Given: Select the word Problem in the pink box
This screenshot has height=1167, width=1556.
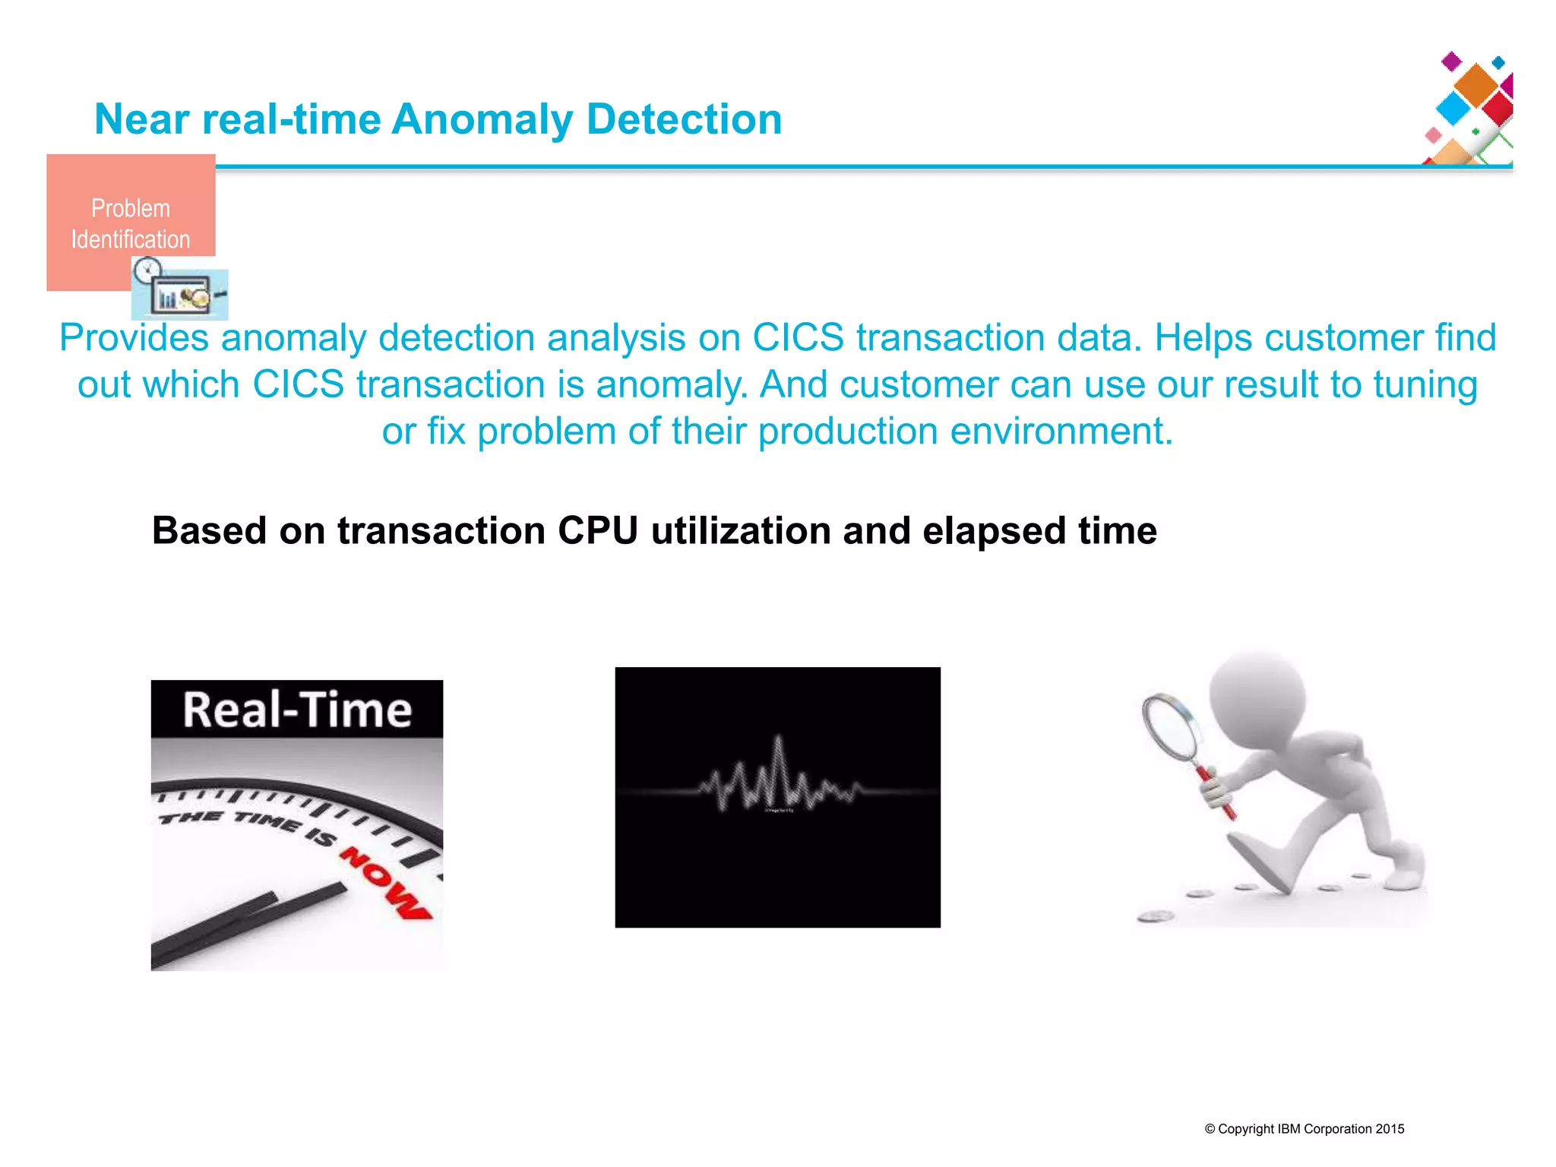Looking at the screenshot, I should coord(131,208).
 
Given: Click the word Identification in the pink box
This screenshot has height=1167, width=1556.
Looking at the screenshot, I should coord(131,239).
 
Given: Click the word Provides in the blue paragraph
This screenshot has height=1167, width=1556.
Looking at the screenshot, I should coord(134,337).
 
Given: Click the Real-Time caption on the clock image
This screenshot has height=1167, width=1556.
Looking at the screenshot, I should coord(297,710).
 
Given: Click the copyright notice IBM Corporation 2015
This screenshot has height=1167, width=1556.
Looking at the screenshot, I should coord(1305,1129).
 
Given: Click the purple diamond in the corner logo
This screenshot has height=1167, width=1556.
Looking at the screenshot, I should coord(1452,61).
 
